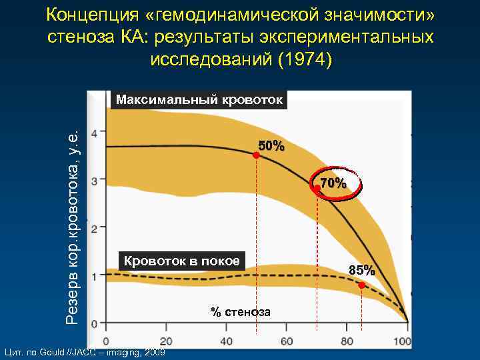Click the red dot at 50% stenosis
point(256,155)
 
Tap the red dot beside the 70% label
point(317,190)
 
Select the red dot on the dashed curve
point(361,285)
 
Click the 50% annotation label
point(271,146)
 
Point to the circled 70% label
point(333,183)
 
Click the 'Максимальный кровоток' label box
point(199,100)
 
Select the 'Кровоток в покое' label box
point(182,261)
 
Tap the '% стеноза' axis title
point(241,311)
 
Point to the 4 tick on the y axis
point(94,133)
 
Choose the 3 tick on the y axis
point(94,181)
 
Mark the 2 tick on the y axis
point(94,229)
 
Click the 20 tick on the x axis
point(167,341)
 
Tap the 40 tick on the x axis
point(227,341)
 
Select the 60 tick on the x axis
point(287,341)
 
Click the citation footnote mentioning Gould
point(84,351)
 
